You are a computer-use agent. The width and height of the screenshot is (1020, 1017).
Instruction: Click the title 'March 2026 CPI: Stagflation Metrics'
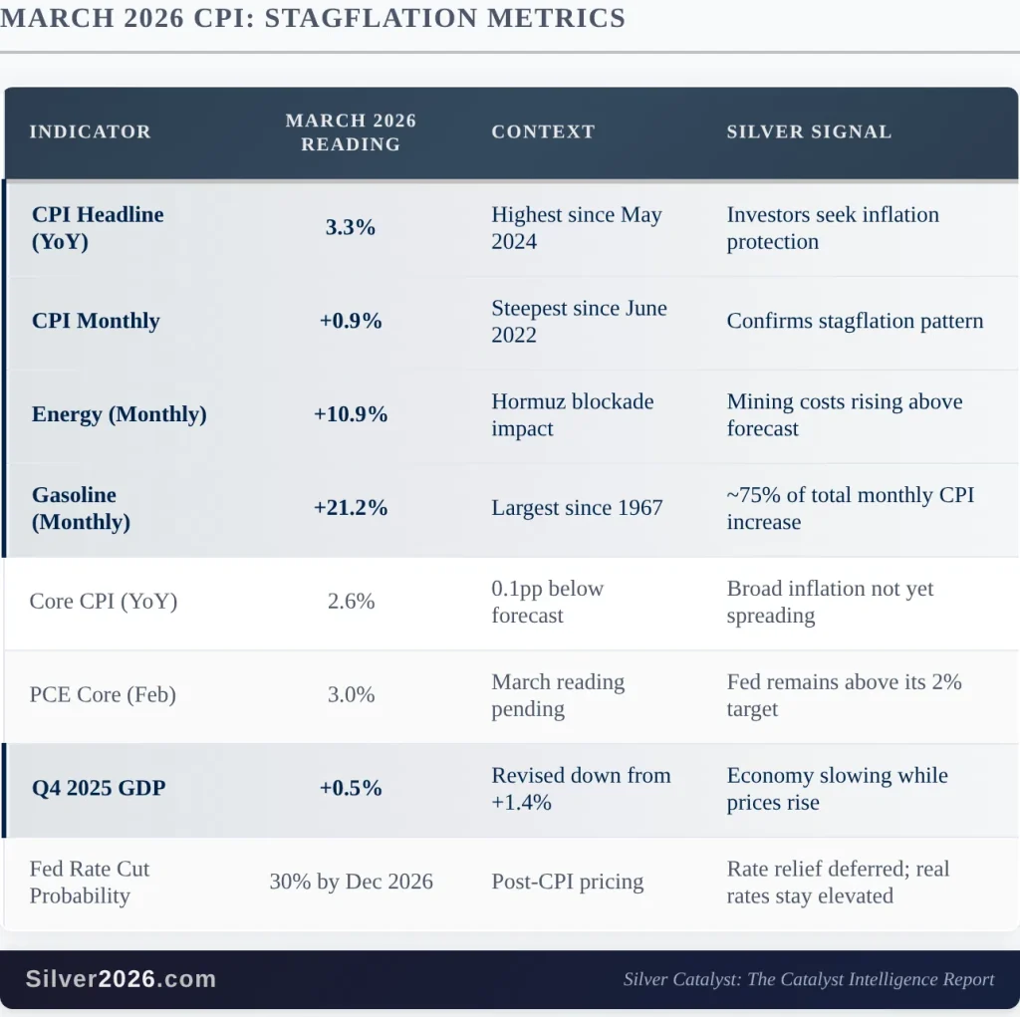click(313, 18)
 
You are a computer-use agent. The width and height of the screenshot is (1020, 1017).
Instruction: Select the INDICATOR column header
click(90, 131)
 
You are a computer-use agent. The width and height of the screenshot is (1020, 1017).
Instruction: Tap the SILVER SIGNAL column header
click(809, 131)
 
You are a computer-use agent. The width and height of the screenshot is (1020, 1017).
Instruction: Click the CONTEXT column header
click(543, 131)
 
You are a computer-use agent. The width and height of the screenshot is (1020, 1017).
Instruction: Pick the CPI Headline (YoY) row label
click(98, 228)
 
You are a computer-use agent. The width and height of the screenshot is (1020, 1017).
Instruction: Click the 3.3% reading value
click(351, 227)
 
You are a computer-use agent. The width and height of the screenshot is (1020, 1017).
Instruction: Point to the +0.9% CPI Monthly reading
click(351, 321)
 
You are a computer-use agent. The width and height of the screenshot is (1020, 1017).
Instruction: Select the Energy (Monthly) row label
click(120, 414)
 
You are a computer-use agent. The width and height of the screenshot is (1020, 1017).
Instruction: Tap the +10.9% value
click(351, 414)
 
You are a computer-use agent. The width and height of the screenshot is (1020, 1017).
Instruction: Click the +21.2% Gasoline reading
click(351, 508)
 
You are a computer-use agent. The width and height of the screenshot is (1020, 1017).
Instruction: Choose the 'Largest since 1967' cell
click(577, 508)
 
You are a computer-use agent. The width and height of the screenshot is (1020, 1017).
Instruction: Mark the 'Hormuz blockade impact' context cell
click(573, 415)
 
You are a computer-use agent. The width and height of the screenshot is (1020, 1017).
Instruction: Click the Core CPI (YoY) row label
click(104, 602)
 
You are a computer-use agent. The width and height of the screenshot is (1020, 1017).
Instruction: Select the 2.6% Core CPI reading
click(351, 602)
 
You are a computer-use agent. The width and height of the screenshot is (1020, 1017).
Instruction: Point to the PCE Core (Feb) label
click(103, 695)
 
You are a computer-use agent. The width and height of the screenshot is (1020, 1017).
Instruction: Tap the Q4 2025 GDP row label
click(99, 788)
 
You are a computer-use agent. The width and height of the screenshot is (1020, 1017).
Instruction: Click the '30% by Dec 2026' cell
click(351, 882)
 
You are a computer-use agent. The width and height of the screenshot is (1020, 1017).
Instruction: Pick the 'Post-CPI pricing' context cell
click(568, 882)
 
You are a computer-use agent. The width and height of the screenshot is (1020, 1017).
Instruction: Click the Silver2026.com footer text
click(121, 979)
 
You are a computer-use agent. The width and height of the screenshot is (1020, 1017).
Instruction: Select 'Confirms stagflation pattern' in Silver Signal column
click(855, 321)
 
